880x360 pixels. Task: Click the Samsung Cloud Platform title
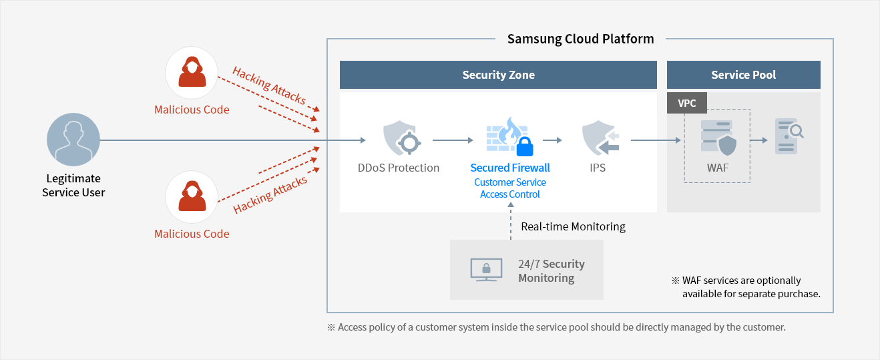point(580,39)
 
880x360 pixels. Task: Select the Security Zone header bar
point(498,75)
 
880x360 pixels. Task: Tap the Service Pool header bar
point(743,75)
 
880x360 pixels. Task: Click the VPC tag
point(686,104)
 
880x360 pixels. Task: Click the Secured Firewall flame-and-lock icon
point(511,138)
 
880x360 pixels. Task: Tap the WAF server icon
point(717,138)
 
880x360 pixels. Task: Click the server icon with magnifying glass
point(788,137)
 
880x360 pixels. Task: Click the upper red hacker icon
point(192,73)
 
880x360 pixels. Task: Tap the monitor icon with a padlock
point(486,270)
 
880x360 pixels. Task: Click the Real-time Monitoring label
point(573,226)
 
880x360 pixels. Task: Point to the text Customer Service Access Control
point(510,188)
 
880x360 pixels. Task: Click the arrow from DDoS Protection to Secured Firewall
point(452,141)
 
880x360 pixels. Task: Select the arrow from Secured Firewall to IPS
point(552,141)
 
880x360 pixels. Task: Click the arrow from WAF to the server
point(759,141)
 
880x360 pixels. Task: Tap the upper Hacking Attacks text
point(268,85)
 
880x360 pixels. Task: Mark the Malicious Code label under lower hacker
point(192,234)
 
